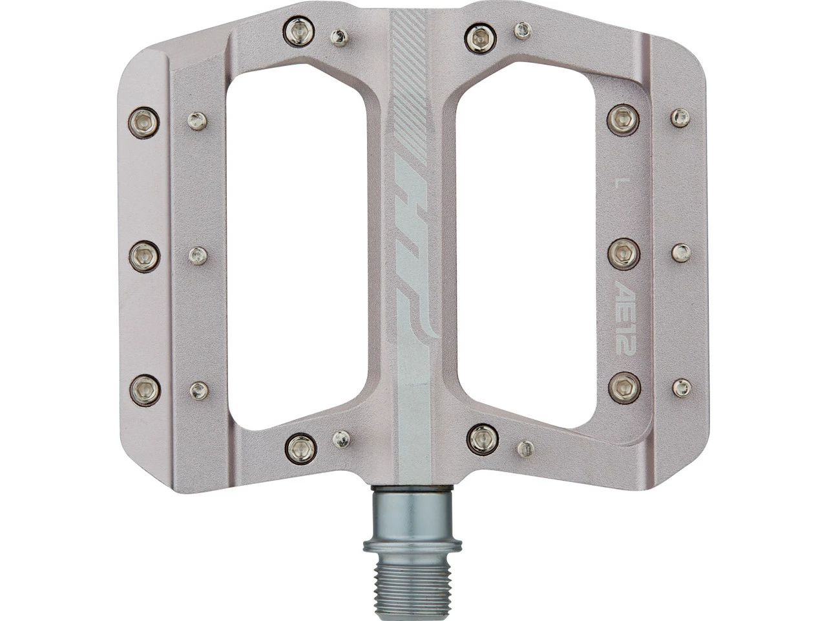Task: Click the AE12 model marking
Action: pos(625,317)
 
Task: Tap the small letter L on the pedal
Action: pos(617,185)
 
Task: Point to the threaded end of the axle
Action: pos(413,585)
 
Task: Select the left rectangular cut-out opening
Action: pos(297,245)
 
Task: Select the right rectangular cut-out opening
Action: pos(526,245)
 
